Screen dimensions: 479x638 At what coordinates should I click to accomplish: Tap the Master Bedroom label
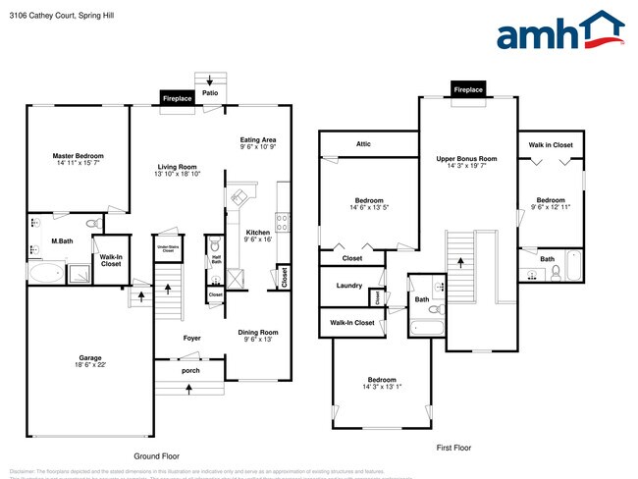click(78, 156)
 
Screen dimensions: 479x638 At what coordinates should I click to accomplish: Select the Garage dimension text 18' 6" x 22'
click(84, 365)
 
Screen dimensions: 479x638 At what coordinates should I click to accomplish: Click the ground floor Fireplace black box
click(177, 99)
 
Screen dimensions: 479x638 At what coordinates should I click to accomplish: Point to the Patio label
click(210, 93)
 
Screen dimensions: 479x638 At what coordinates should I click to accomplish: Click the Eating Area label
click(258, 140)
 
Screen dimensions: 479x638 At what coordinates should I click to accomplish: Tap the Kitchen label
click(258, 232)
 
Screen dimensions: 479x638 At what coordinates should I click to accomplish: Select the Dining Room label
click(258, 332)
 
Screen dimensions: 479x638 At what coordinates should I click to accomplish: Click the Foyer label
click(191, 339)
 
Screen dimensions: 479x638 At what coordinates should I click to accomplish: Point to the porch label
click(190, 371)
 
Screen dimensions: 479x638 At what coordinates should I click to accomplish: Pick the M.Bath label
click(62, 240)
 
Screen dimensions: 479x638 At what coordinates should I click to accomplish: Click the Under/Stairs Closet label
click(167, 249)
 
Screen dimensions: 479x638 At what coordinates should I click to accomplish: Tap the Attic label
click(363, 144)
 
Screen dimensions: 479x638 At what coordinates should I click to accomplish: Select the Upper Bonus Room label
click(466, 158)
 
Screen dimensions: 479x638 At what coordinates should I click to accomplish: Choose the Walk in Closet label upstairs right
click(550, 145)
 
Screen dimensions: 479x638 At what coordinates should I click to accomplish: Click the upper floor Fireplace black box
click(468, 89)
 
